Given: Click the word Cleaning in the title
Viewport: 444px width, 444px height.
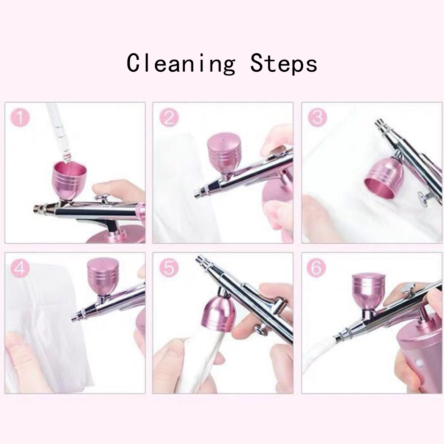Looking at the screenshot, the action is point(181,63).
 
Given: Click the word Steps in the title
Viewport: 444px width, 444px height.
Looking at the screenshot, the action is point(284,63).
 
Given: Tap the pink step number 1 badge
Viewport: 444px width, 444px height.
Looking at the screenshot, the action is point(20,117).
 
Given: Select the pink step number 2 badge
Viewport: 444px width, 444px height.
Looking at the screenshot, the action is point(169,117).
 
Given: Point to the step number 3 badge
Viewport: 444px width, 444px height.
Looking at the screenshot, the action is point(317,117).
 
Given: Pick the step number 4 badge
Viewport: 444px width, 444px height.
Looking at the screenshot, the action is point(20,268).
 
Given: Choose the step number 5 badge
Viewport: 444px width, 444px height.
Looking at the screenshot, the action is point(169,268).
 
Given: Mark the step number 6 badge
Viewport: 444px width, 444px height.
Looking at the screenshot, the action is point(317,268).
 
